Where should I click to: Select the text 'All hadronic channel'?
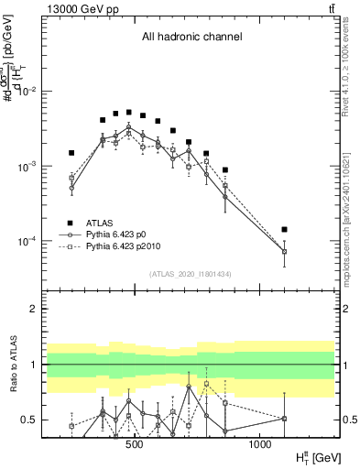191,38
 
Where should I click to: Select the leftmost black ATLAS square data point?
71,153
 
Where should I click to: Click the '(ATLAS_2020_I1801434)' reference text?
191,274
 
